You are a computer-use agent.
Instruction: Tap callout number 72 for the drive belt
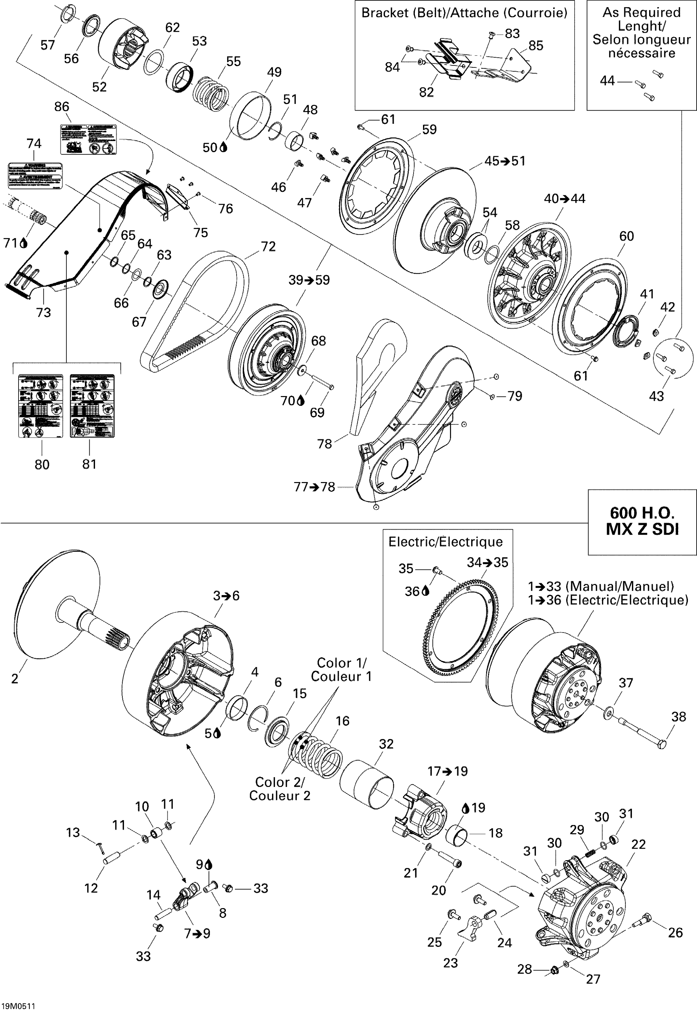click(268, 247)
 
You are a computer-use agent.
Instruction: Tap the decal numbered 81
click(92, 405)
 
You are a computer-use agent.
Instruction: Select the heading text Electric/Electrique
click(446, 542)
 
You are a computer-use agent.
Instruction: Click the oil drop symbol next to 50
click(223, 148)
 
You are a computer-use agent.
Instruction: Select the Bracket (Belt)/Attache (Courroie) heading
click(464, 13)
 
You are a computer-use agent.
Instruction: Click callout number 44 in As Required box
click(607, 81)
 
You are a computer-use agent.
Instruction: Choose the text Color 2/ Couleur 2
click(279, 789)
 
